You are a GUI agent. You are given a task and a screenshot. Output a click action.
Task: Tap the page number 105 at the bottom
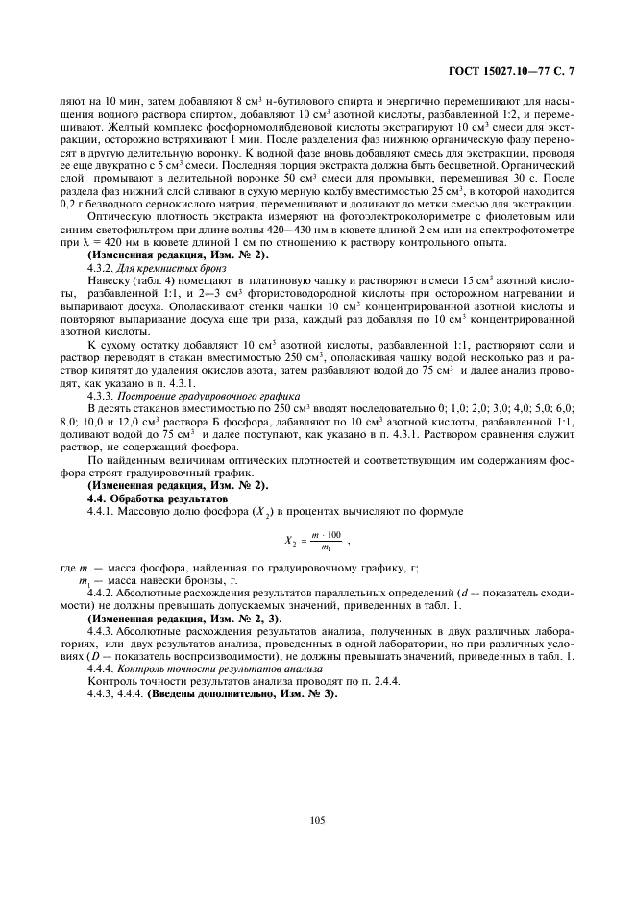click(317, 819)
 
